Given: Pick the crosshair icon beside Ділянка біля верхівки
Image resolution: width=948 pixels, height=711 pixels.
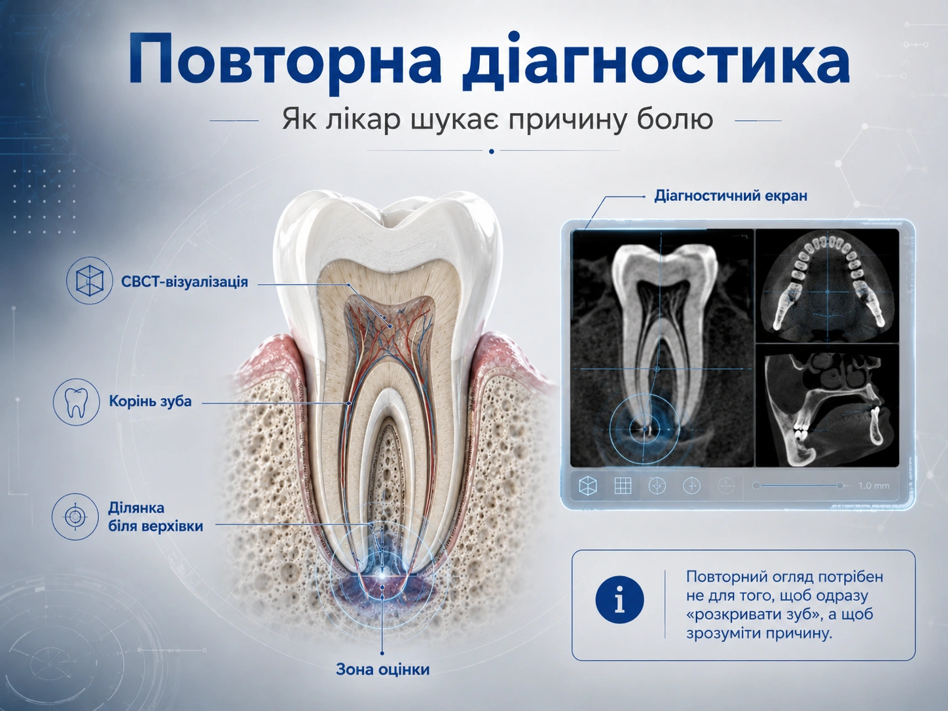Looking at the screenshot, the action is [75, 517].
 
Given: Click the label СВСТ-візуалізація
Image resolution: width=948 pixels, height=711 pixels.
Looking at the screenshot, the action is [185, 282].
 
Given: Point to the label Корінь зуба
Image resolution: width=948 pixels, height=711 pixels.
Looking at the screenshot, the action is [150, 401].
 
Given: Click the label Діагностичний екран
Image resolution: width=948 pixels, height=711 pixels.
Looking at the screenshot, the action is [731, 196].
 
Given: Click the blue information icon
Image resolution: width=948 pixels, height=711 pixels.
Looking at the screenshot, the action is [619, 600].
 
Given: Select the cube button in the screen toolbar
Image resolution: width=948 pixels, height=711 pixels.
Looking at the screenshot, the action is [587, 486].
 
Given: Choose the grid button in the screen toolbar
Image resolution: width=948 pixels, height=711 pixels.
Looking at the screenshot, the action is [623, 486].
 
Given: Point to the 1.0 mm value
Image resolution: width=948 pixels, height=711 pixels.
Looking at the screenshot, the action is [874, 486].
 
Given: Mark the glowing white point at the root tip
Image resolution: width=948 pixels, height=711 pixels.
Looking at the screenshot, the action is [382, 576].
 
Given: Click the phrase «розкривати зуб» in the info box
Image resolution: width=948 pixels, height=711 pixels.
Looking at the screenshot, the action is [755, 614].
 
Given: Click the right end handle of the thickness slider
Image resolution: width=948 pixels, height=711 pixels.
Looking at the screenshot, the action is [840, 486].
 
